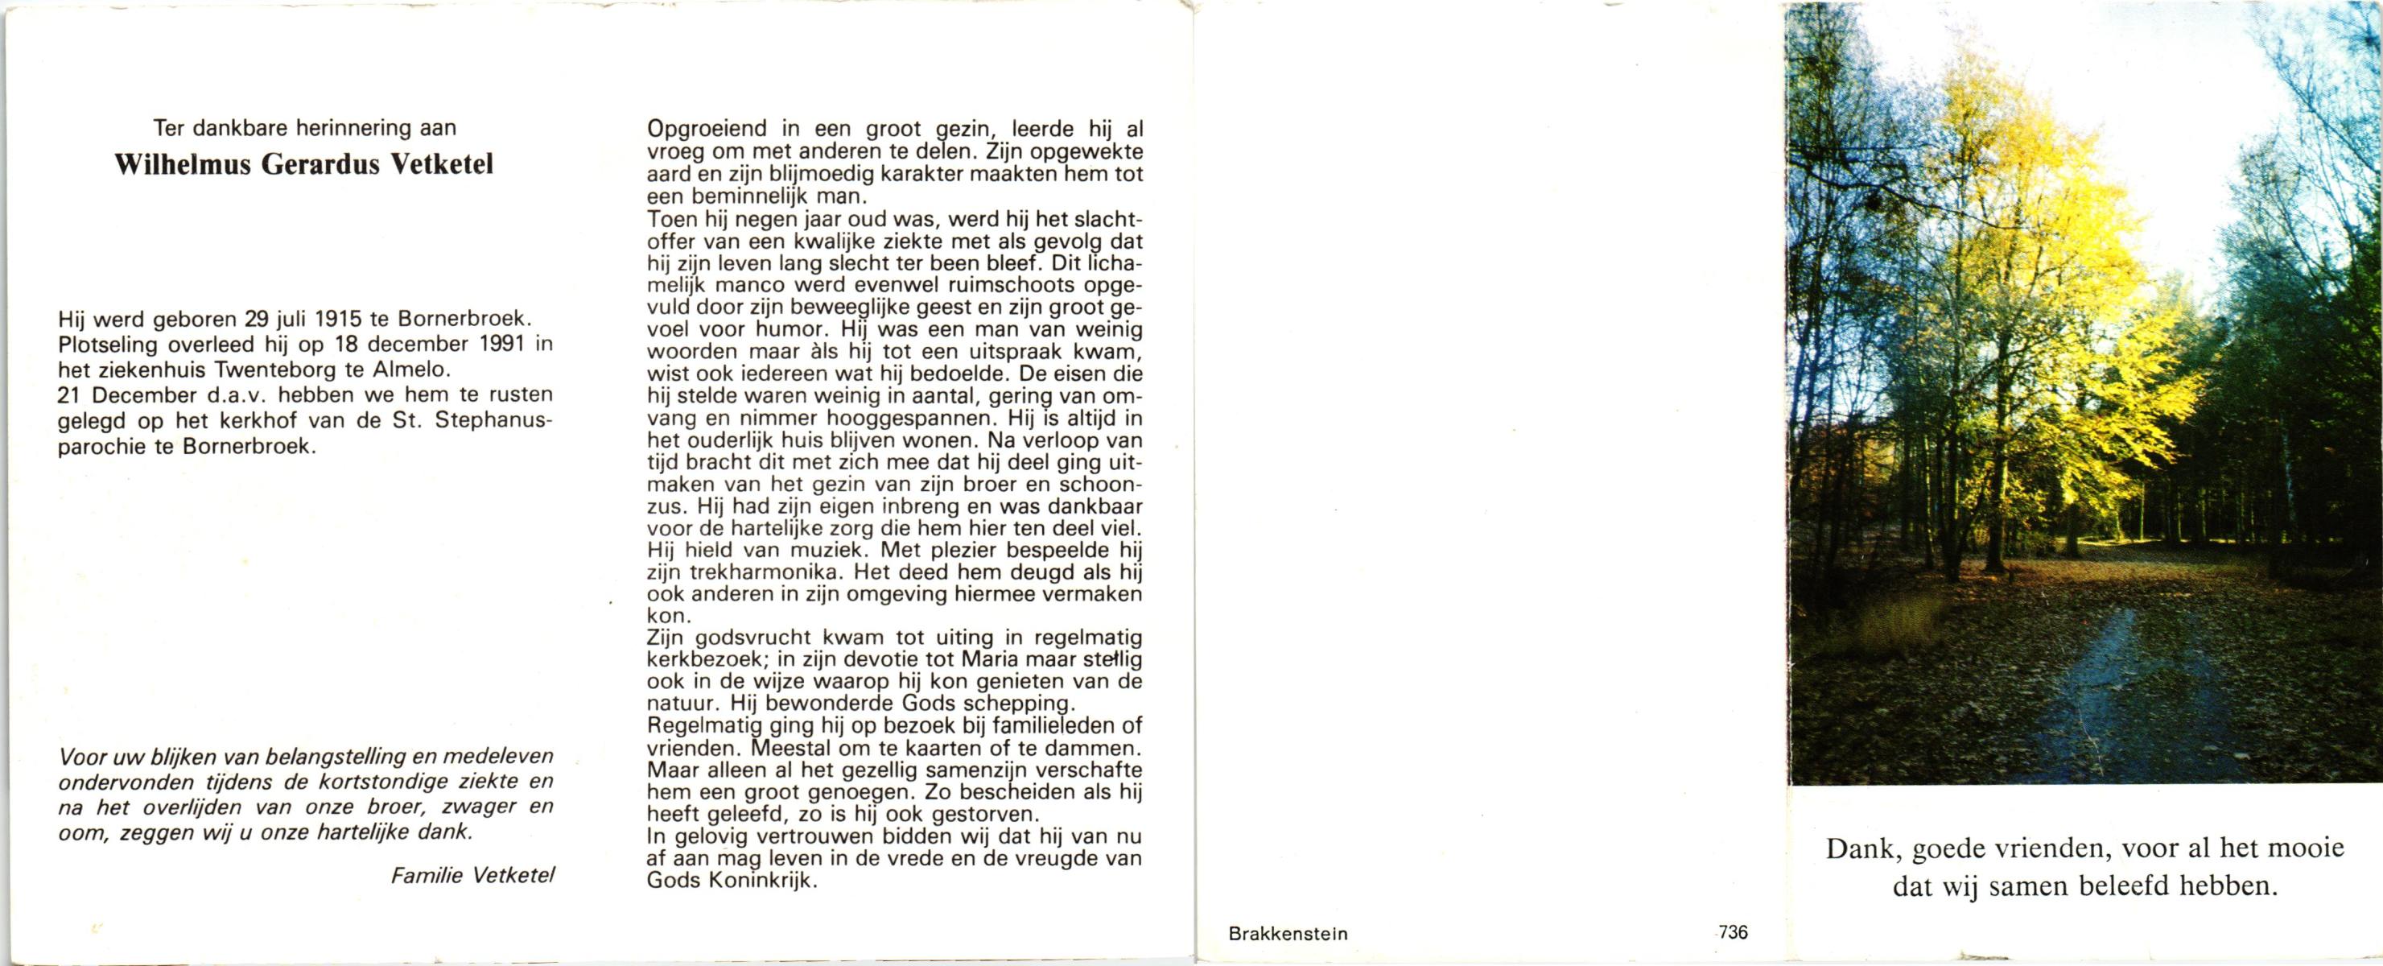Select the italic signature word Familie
(x=427, y=875)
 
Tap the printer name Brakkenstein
(x=1288, y=934)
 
